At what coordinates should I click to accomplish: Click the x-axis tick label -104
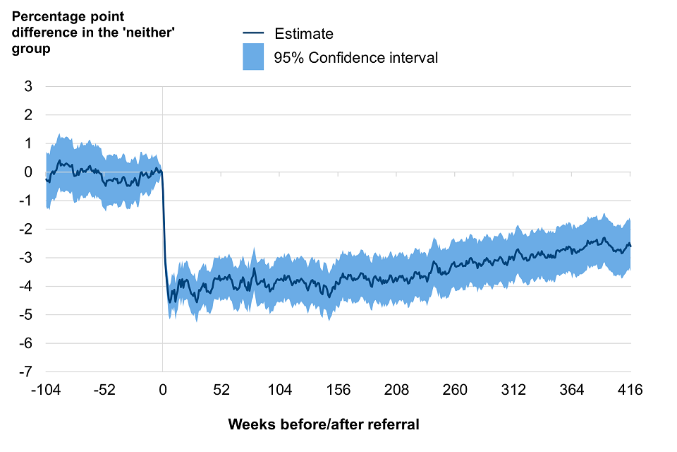click(x=46, y=389)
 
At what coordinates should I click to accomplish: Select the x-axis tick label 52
click(x=221, y=389)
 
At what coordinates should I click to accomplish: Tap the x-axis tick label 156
click(x=338, y=389)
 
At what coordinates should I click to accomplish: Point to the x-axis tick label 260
click(x=456, y=389)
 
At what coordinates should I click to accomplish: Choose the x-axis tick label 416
click(x=630, y=389)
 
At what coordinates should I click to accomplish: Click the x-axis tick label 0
click(x=163, y=389)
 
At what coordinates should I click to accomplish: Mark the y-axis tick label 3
click(x=29, y=86)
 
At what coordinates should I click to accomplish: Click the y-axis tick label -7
click(x=27, y=371)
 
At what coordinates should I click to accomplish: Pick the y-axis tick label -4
click(x=27, y=286)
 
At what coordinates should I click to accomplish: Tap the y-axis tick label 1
click(x=29, y=143)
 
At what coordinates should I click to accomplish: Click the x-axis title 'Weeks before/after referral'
click(x=324, y=424)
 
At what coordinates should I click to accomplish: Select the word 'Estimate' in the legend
click(x=304, y=33)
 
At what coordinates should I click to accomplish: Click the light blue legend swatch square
click(x=252, y=57)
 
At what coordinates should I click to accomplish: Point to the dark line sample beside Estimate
click(x=252, y=33)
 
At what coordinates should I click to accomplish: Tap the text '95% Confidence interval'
click(x=356, y=57)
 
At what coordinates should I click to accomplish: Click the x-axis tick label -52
click(x=104, y=389)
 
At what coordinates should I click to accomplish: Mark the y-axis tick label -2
click(x=27, y=229)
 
